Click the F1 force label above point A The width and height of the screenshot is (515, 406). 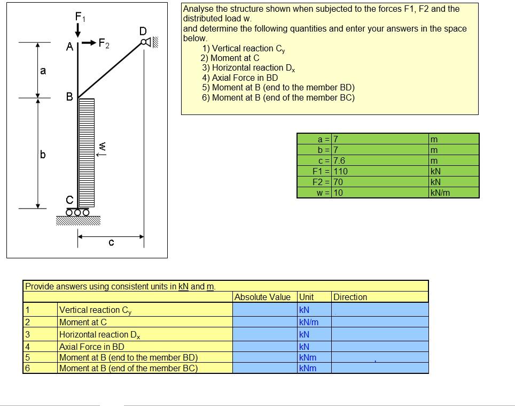coord(80,16)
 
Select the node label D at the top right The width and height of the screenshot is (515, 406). coord(142,31)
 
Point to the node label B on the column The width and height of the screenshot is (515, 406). coord(69,97)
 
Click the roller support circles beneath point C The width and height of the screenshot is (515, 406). coord(77,212)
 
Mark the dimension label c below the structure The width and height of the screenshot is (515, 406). coord(111,243)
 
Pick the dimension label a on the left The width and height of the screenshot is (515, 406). coord(43,70)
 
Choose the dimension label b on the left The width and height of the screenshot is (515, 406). coord(43,155)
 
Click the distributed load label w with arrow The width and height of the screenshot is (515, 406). coord(103,148)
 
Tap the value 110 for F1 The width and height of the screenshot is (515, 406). coord(341,171)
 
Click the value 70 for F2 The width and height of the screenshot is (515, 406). coord(339,182)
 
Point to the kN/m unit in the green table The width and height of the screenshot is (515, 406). coord(440,193)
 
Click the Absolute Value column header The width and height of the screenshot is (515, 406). coord(262,297)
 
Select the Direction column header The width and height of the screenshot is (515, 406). coord(350,297)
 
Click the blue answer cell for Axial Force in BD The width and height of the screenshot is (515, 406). coord(264,347)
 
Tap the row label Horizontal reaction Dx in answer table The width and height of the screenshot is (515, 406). coord(100,335)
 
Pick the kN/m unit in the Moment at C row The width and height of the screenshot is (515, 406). coord(309,322)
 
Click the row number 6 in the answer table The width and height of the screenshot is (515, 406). coord(27,368)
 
